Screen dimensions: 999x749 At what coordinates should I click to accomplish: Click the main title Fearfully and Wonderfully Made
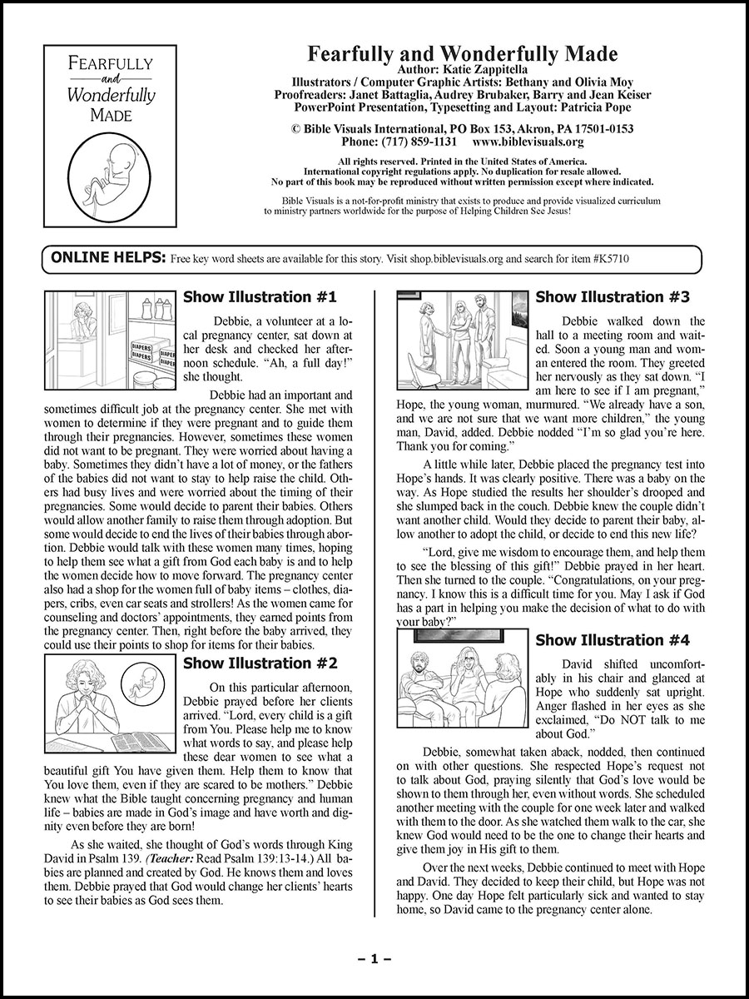[x=463, y=55]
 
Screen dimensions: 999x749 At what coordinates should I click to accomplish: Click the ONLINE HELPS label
[x=108, y=258]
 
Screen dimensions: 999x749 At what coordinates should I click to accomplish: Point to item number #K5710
[x=609, y=259]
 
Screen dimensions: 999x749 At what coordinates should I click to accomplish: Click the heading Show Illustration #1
[x=260, y=297]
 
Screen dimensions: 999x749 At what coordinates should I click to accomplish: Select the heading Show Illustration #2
[x=260, y=664]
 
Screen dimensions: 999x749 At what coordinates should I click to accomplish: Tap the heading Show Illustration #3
[x=613, y=297]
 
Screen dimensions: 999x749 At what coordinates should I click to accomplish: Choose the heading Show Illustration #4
[x=613, y=640]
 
